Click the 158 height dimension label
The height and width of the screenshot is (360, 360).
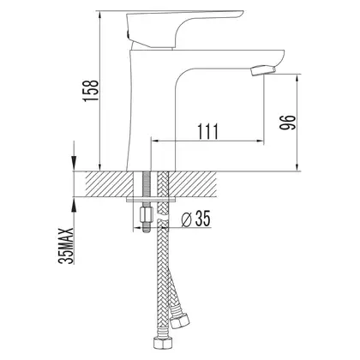[91, 90]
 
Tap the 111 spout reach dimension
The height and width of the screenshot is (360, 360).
[207, 131]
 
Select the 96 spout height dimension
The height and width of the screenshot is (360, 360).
[286, 123]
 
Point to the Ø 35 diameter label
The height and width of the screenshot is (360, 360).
[196, 219]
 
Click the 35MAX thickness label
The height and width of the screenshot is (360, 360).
[66, 246]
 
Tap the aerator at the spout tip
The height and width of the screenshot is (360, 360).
[263, 70]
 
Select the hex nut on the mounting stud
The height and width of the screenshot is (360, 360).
[146, 214]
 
